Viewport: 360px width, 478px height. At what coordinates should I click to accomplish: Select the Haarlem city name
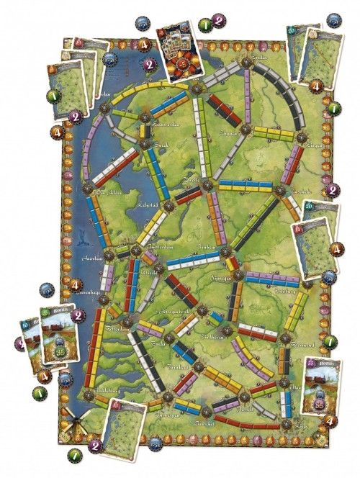pyautogui.click(x=97, y=257)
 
